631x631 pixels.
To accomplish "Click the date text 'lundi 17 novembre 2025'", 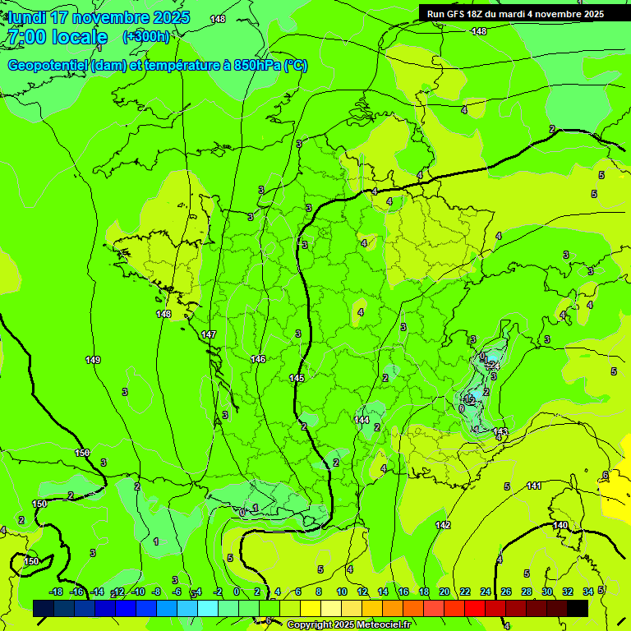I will pyautogui.click(x=99, y=17).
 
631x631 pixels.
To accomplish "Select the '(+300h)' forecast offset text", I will pyautogui.click(x=147, y=37).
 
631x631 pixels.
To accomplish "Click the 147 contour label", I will pyautogui.click(x=209, y=334).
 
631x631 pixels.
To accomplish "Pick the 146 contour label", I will pyautogui.click(x=258, y=359).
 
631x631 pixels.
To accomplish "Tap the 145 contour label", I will pyautogui.click(x=297, y=378).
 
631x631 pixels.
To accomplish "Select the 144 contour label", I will pyautogui.click(x=362, y=420).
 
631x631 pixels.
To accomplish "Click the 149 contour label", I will pyautogui.click(x=93, y=360).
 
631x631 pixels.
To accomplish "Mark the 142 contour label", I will pyautogui.click(x=443, y=525).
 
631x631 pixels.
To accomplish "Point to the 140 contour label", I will pyautogui.click(x=560, y=525).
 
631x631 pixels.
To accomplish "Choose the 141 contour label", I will pyautogui.click(x=534, y=486).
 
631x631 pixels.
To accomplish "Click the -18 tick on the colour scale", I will pyautogui.click(x=56, y=592).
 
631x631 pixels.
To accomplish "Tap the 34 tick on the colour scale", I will pyautogui.click(x=588, y=592).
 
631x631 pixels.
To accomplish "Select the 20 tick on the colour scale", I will pyautogui.click(x=444, y=592).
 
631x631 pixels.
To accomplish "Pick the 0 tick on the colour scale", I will pyautogui.click(x=237, y=592).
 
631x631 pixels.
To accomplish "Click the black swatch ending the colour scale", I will pyautogui.click(x=578, y=608).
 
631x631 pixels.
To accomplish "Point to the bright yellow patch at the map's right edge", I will pyautogui.click(x=616, y=491).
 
